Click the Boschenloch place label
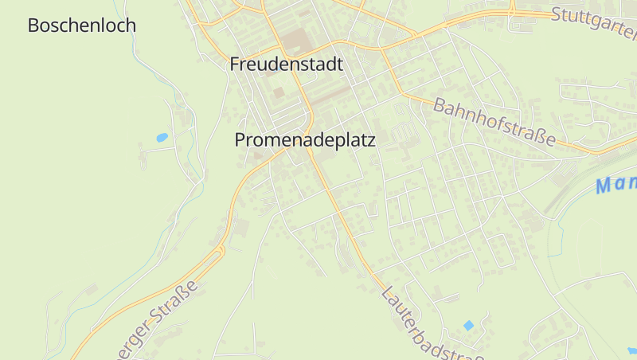pos(82,25)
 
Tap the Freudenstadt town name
pos(287,65)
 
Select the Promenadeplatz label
pos(304,139)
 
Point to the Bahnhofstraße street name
pos(494,121)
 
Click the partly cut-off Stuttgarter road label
pos(594,25)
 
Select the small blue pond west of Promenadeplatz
pos(162,138)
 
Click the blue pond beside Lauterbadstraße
pos(468,325)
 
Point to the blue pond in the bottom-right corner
pos(632,350)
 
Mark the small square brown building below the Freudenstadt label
pos(278,92)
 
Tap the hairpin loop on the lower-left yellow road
pos(221,250)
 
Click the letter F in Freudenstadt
pos(235,65)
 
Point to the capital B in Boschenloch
pos(33,25)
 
